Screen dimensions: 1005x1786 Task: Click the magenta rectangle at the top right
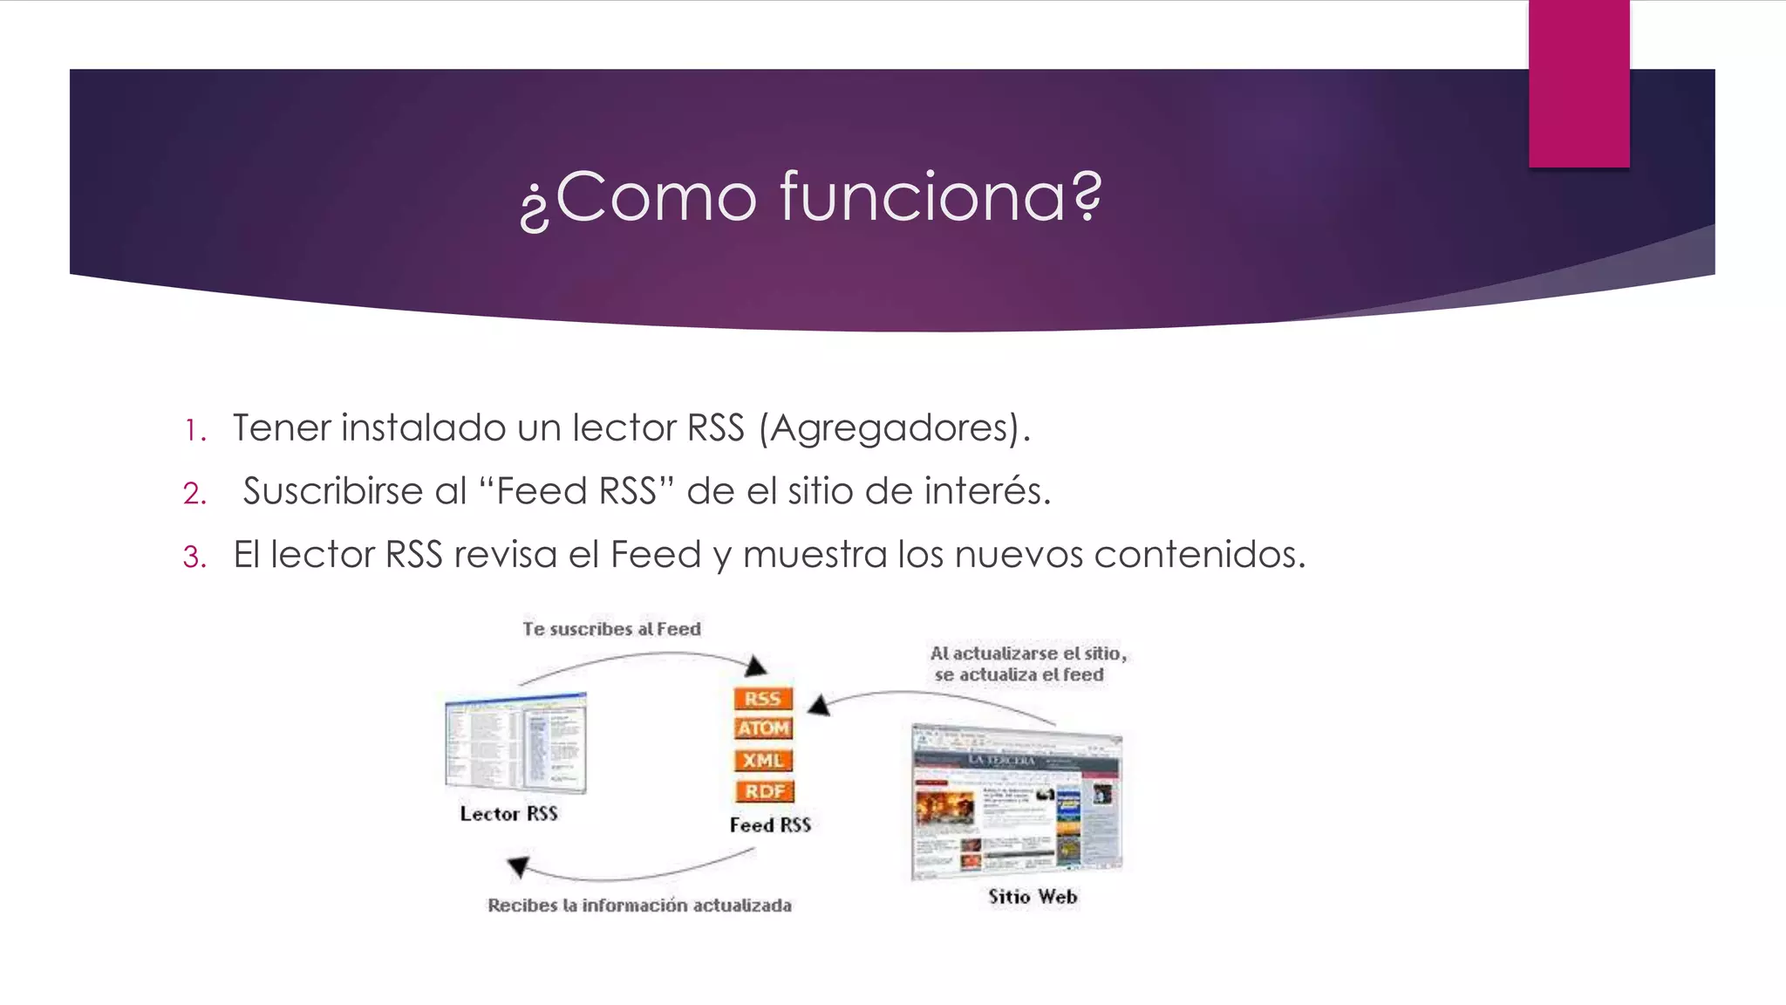pos(1578,84)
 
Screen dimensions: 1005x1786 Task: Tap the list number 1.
pos(194,430)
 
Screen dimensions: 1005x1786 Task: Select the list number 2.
pos(194,494)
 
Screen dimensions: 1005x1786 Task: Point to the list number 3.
pos(194,557)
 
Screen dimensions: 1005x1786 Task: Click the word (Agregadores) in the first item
pos(894,428)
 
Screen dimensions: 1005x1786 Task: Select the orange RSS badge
pos(763,699)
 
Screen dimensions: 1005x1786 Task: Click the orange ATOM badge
pos(763,728)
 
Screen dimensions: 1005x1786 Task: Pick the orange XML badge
pos(763,761)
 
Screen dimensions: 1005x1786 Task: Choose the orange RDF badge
pos(764,791)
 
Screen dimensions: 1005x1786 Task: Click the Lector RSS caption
pos(508,814)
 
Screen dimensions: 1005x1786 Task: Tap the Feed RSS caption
pos(770,825)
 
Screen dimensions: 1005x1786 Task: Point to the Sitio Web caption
pos(1033,897)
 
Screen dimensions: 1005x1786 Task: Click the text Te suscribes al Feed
pos(611,629)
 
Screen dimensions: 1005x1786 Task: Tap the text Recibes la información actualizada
pos(639,906)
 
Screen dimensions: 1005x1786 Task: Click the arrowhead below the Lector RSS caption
pos(519,866)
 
